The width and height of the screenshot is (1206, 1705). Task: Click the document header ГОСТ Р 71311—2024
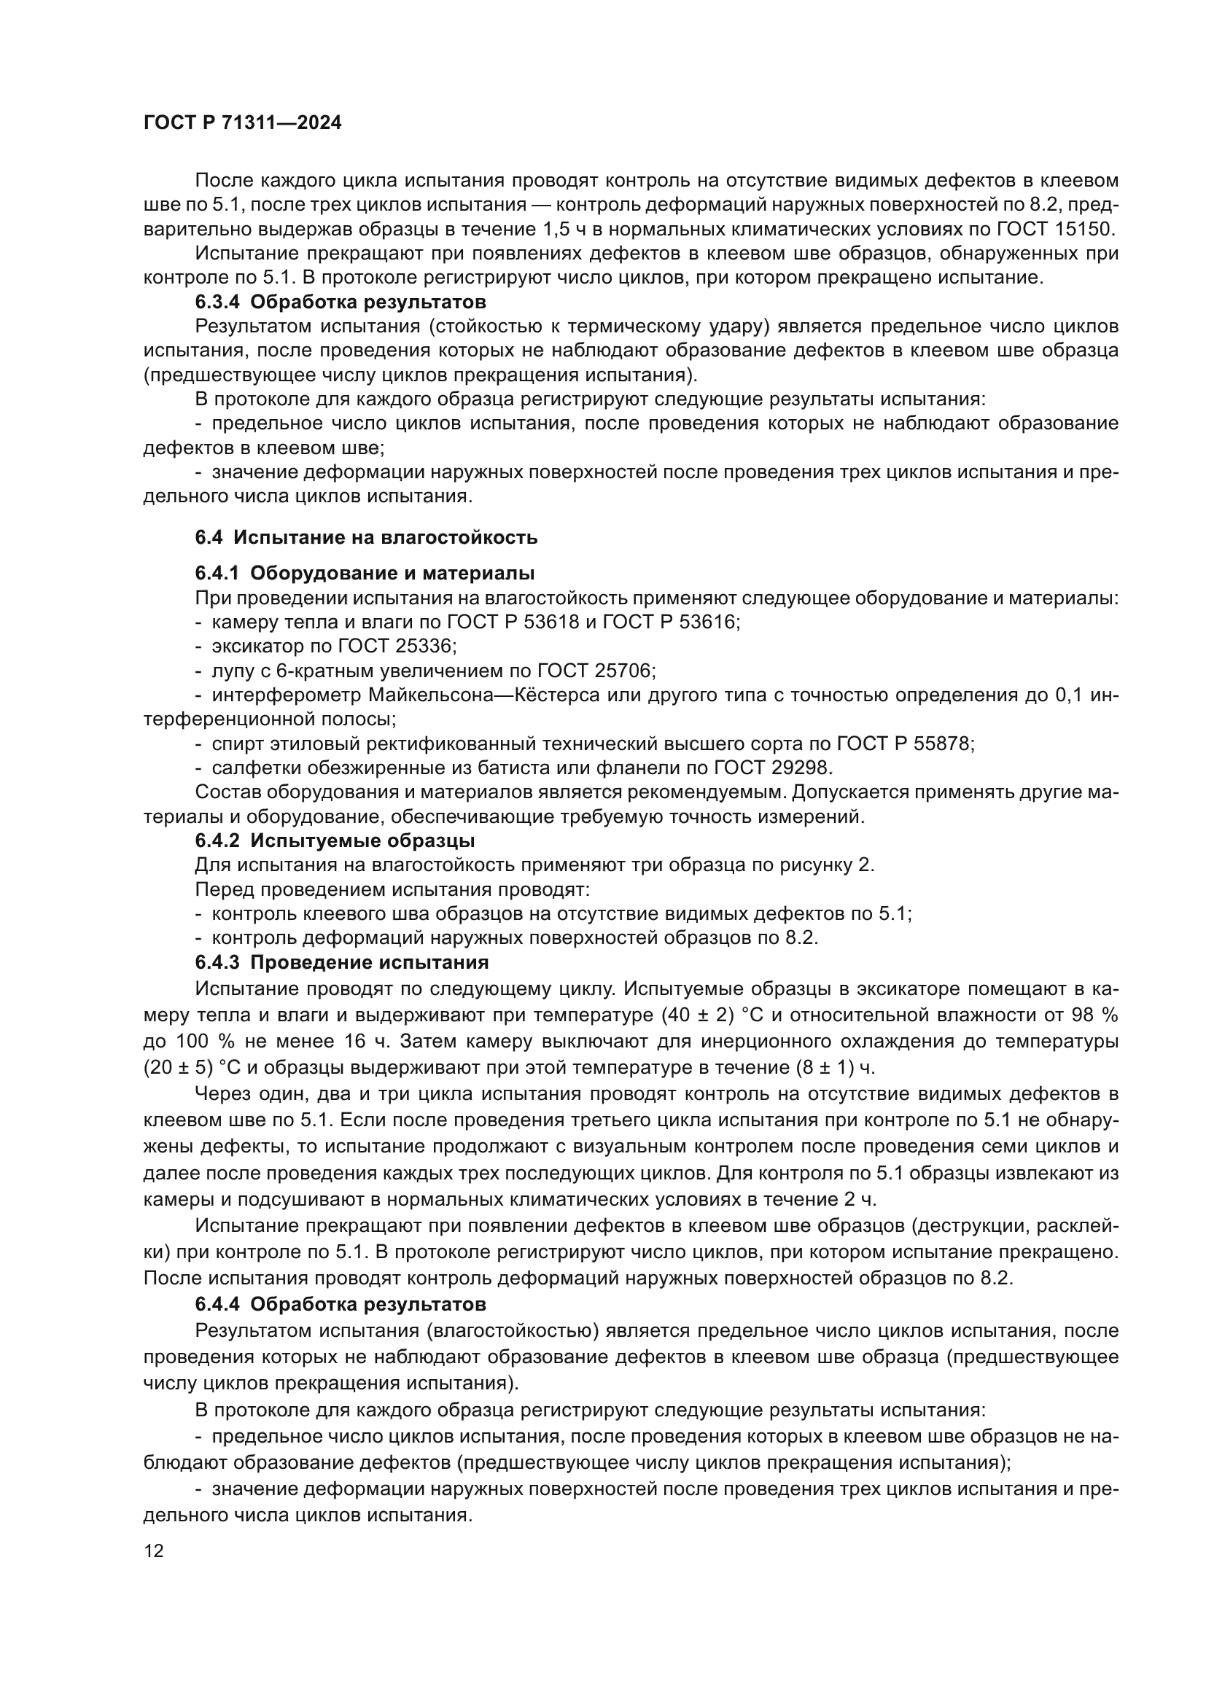[x=242, y=123]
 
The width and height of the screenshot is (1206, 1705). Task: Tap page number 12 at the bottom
[x=154, y=1550]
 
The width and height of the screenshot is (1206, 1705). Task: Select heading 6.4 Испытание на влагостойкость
[x=366, y=538]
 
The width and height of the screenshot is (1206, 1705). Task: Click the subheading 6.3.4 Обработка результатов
[x=340, y=303]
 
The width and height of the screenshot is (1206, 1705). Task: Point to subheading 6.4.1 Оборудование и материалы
[x=365, y=573]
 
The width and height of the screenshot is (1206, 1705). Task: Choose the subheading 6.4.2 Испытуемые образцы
[x=335, y=840]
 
